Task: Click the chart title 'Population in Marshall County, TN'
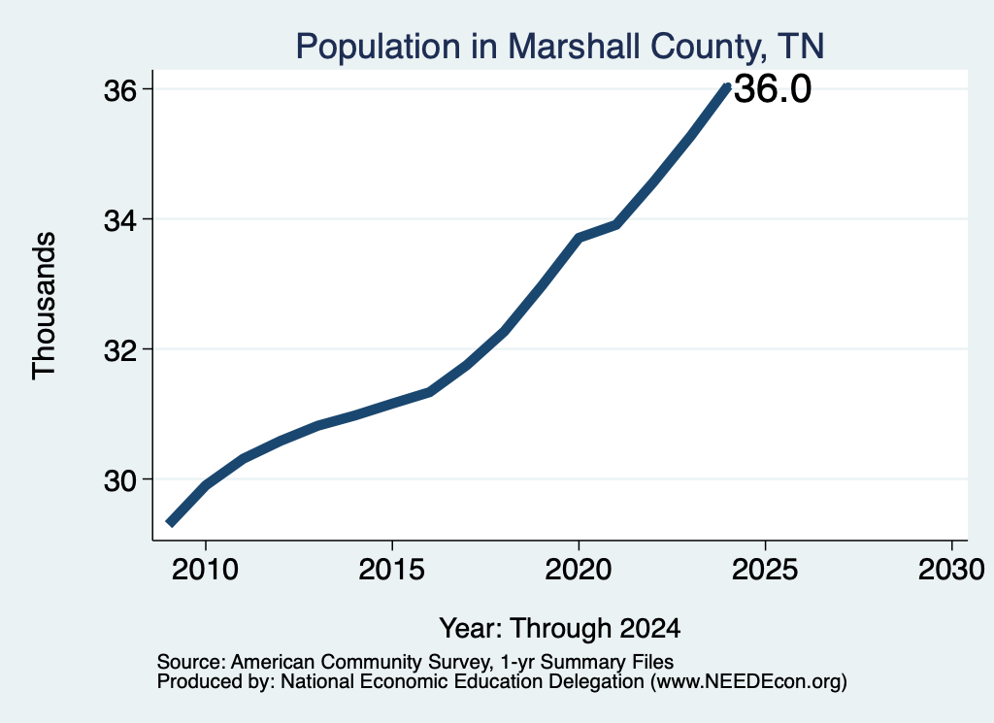click(560, 47)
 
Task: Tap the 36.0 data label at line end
click(772, 88)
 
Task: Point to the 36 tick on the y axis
click(120, 90)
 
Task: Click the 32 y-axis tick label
click(120, 350)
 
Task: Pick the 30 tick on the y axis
click(120, 481)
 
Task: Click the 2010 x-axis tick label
click(206, 570)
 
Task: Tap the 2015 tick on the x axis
click(392, 570)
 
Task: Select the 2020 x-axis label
click(579, 570)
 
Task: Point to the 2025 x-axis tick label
click(765, 570)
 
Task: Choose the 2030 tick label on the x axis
click(951, 570)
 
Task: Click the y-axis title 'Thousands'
click(44, 306)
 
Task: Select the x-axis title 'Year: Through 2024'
click(560, 628)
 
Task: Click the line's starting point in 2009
click(169, 523)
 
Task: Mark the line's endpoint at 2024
click(727, 86)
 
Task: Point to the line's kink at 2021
click(615, 224)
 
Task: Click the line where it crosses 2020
click(579, 238)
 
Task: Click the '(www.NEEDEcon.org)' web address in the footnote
click(748, 682)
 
